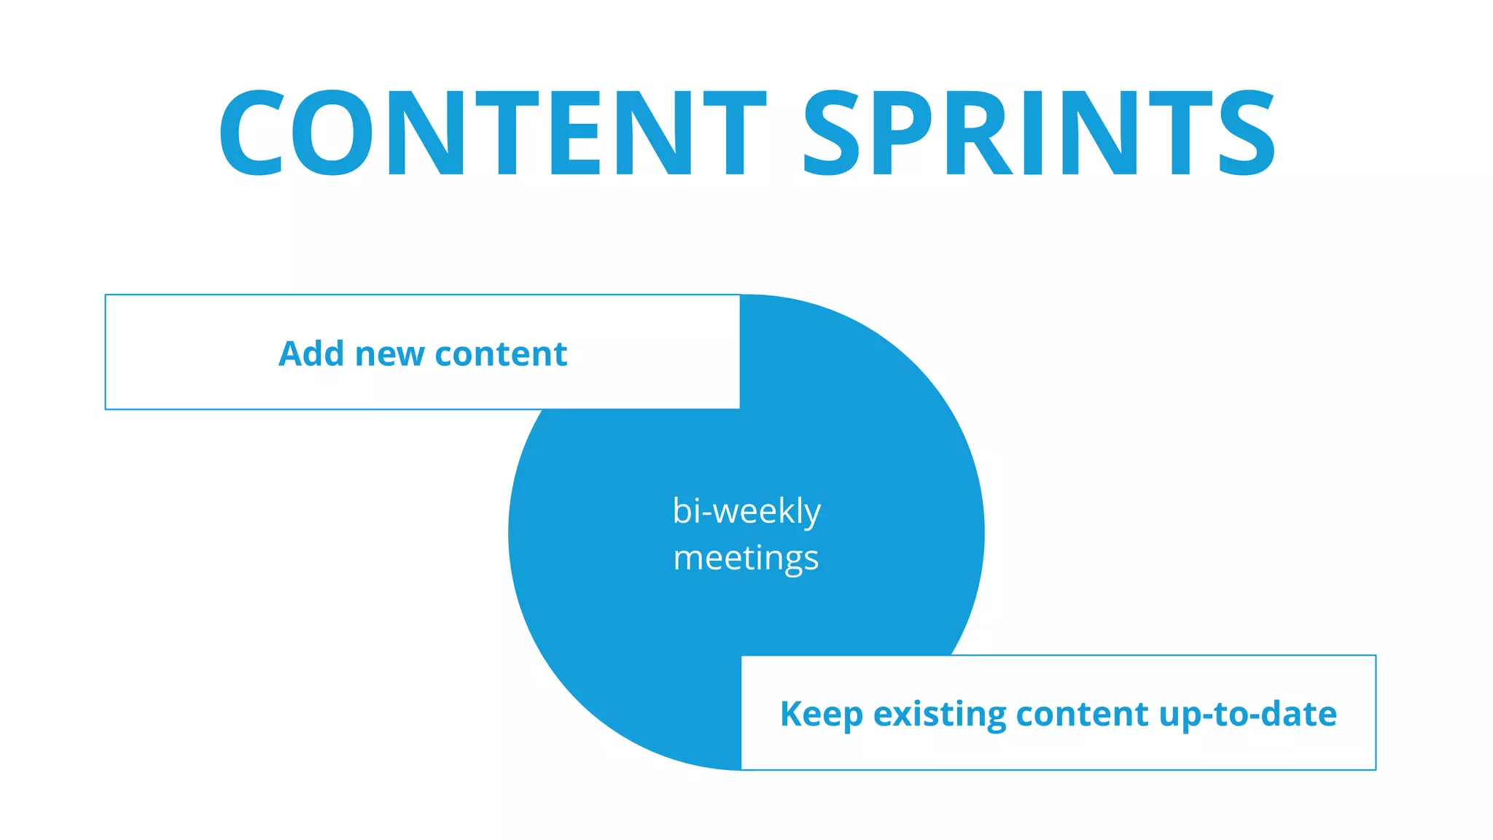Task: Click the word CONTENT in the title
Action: tap(492, 133)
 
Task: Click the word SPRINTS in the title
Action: tap(1039, 133)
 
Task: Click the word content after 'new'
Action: tap(501, 354)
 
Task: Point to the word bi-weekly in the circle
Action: tap(746, 510)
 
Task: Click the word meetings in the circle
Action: tap(746, 559)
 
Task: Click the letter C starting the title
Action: tap(252, 133)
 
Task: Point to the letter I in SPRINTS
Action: tap(1034, 133)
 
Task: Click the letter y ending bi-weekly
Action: tap(813, 513)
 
